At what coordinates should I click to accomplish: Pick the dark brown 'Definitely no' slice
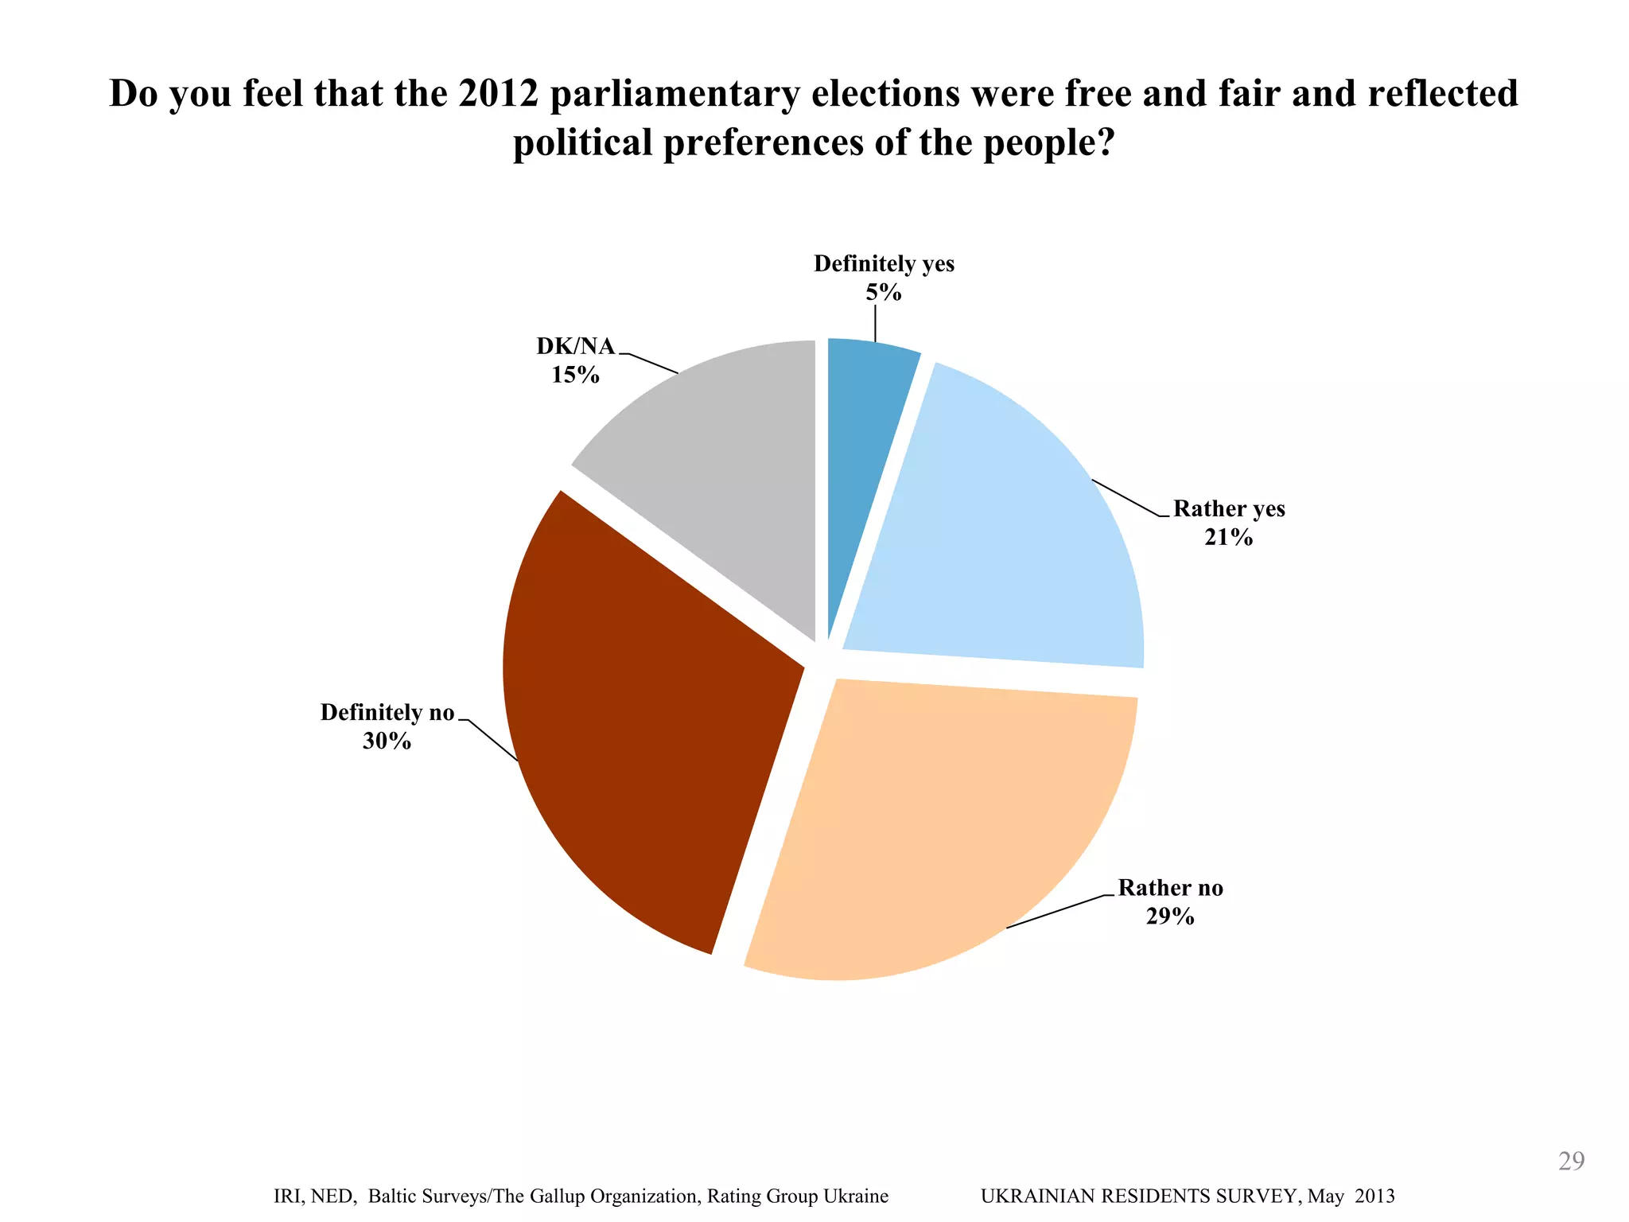652,732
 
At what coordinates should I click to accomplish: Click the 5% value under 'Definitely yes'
884,293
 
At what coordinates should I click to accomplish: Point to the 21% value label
1228,538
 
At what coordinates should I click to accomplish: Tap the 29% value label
1170,916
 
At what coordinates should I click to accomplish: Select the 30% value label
387,741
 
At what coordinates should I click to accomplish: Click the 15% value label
575,375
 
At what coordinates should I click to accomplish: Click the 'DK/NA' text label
575,346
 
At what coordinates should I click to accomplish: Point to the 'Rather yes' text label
1229,508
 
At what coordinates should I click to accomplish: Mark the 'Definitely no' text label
387,712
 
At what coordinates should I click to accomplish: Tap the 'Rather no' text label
1170,887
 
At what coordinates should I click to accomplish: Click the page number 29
1571,1162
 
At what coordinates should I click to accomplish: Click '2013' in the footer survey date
1375,1197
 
